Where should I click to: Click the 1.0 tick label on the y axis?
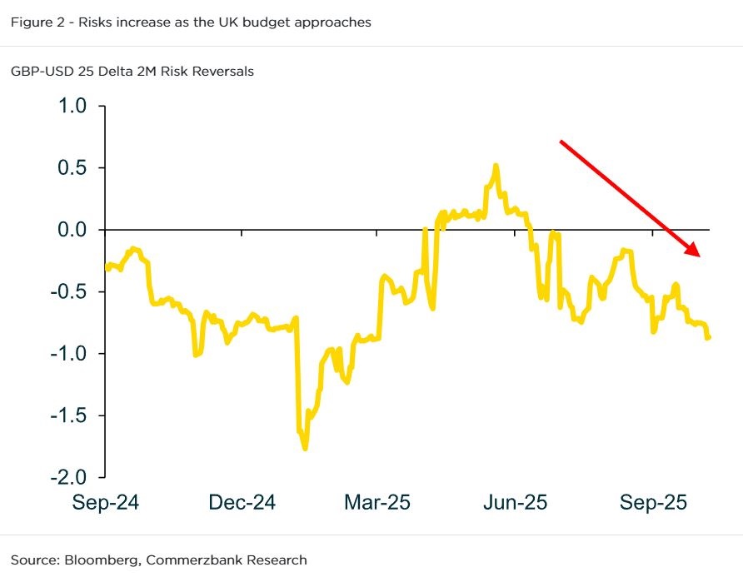point(72,106)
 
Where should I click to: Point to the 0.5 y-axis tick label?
point(72,168)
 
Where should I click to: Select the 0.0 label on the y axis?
point(72,230)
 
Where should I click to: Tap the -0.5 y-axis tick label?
point(68,292)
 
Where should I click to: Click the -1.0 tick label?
point(68,354)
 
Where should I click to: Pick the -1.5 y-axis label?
point(68,415)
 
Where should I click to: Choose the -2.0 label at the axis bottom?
point(68,477)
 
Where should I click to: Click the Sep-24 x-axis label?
point(105,503)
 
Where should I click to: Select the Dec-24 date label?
point(242,503)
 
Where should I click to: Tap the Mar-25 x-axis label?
point(377,503)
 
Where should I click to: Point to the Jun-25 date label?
point(514,503)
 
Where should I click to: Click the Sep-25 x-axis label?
point(653,503)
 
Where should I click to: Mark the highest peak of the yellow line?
point(496,166)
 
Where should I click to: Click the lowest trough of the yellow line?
point(305,449)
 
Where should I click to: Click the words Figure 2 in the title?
point(36,22)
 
